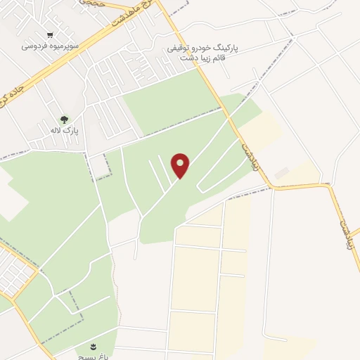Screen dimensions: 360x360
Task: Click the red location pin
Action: (x=181, y=165)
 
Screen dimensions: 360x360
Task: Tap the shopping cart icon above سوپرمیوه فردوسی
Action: (x=49, y=34)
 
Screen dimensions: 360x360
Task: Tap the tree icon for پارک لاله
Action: (x=65, y=120)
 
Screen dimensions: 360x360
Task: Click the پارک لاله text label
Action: (x=65, y=131)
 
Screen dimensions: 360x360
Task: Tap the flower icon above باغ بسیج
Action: (x=93, y=346)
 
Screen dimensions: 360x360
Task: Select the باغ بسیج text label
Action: (x=92, y=356)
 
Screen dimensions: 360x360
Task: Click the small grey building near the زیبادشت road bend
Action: (x=282, y=172)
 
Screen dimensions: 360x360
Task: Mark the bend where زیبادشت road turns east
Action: (x=271, y=187)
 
